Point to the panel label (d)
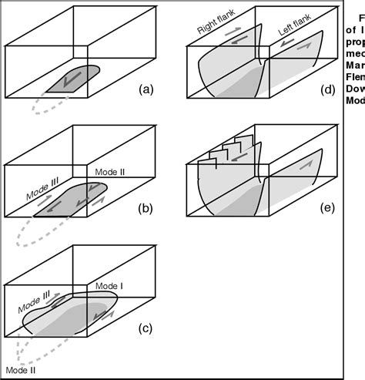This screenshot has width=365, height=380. coord(329,89)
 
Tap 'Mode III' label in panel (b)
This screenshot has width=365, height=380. coord(36,185)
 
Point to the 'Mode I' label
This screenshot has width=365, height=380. coord(109,285)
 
